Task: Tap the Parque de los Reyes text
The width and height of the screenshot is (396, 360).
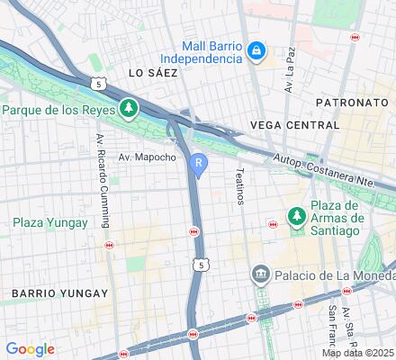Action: (58, 111)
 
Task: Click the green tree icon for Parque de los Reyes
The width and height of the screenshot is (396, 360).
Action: (130, 109)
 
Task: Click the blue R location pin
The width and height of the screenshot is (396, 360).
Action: (198, 164)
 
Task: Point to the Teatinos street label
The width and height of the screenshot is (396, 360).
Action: (239, 185)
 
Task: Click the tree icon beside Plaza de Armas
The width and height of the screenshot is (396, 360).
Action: (295, 217)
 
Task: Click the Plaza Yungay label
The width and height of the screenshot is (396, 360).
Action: (50, 222)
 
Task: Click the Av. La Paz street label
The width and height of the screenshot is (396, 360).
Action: (290, 77)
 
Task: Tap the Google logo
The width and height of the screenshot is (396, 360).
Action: (30, 349)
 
